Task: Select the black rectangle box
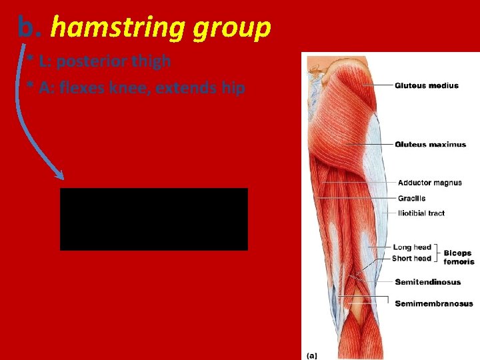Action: pos(153,219)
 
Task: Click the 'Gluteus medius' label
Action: pos(426,85)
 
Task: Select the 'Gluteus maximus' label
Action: pos(430,145)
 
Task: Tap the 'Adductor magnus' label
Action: pos(429,183)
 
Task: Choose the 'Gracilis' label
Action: pos(411,198)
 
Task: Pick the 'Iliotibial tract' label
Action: pos(421,213)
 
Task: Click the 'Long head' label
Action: pos(412,247)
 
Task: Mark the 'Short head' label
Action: pos(411,258)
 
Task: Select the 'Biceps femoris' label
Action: pos(459,257)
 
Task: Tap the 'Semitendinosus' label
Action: pos(427,282)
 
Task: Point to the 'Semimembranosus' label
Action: pos(433,304)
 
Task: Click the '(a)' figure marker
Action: pos(310,355)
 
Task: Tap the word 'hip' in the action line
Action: pos(233,88)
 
